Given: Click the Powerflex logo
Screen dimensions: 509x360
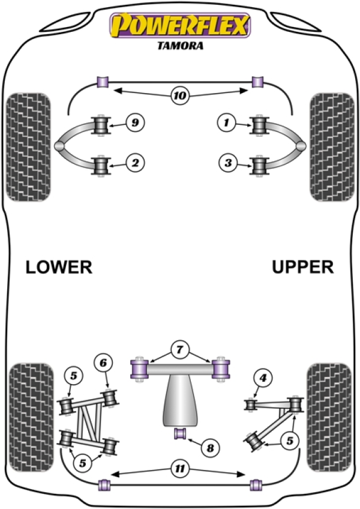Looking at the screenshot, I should click(x=178, y=25).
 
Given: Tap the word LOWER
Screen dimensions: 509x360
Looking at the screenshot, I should click(x=59, y=267).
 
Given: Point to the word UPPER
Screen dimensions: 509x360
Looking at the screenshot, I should click(x=302, y=267).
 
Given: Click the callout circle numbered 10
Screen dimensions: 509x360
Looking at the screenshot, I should click(x=179, y=95).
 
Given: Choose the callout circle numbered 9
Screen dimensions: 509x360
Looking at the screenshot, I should click(x=136, y=123).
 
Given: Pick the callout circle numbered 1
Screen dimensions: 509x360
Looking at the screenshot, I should click(x=226, y=124).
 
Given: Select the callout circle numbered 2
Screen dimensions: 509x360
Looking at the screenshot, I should click(x=136, y=162).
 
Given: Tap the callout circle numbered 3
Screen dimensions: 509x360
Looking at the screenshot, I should click(x=226, y=162).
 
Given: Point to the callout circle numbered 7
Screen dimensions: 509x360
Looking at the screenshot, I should click(x=179, y=348).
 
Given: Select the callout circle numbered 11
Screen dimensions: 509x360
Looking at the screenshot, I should click(x=179, y=468).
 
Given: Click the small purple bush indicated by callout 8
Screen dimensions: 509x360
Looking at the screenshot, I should click(x=179, y=433).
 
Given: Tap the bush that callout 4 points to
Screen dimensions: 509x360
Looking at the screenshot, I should click(x=251, y=405).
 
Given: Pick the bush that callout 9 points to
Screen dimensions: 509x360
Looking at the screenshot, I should click(x=101, y=125).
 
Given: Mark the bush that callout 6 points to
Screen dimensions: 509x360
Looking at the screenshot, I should click(x=110, y=398).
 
